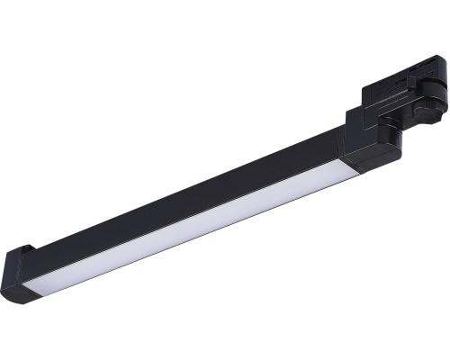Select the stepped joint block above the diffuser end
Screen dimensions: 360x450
tap(369, 144)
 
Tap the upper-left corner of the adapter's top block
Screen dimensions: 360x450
tap(364, 87)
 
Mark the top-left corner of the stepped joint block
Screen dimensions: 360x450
tap(343, 127)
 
